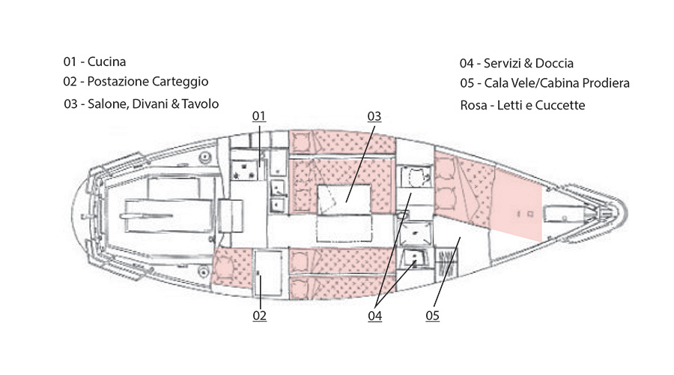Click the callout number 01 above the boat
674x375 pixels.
tap(259, 116)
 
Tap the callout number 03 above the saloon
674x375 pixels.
tap(374, 116)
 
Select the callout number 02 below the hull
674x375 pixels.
tap(259, 316)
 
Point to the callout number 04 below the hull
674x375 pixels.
tap(374, 316)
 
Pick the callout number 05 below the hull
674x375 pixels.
tap(432, 316)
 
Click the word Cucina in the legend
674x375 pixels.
tap(106, 61)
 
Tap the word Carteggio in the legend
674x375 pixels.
tap(180, 81)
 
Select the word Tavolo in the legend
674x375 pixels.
tap(201, 103)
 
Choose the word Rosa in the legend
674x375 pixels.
tap(473, 106)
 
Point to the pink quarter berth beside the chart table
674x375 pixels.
tap(229, 267)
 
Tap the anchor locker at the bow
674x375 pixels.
tap(562, 214)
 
